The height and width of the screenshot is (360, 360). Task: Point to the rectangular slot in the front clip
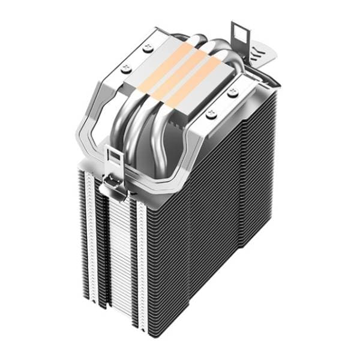(113, 157)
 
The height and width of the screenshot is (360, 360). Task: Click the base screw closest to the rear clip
(232, 91)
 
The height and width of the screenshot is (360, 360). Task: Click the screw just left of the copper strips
(125, 69)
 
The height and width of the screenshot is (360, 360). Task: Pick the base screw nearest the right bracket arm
(211, 112)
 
